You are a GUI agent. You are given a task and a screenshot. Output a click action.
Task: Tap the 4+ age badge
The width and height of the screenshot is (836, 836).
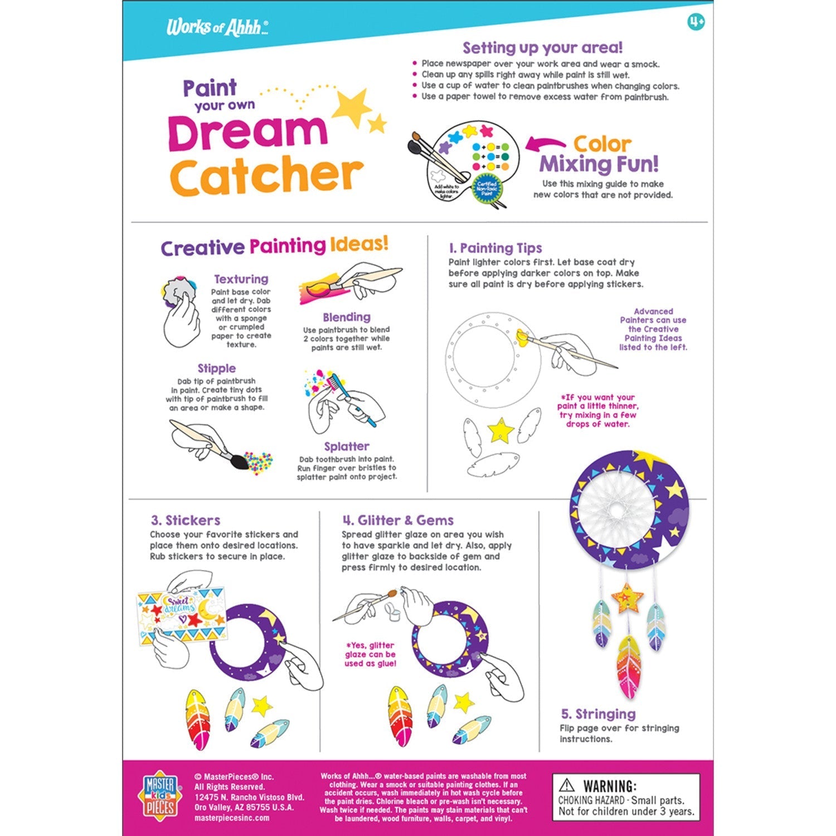click(696, 22)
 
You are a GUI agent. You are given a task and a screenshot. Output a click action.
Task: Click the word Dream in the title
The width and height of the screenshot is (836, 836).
click(247, 133)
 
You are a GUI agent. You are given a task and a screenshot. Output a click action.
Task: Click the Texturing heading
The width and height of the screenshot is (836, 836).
click(241, 279)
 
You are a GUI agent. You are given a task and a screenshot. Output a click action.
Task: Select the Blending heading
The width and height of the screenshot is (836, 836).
click(346, 317)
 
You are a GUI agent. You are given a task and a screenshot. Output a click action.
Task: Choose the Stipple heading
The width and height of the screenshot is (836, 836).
click(216, 368)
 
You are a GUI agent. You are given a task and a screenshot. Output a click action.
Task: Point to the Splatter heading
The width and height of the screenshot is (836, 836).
click(346, 446)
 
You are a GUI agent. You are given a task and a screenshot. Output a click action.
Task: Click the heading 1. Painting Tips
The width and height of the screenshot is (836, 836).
click(495, 248)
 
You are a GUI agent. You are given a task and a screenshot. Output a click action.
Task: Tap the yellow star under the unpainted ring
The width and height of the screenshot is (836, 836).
click(500, 430)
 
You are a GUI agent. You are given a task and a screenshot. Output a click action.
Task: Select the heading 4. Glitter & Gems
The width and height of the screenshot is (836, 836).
click(398, 520)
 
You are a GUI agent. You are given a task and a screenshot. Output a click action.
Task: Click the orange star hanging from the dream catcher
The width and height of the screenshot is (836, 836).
click(627, 598)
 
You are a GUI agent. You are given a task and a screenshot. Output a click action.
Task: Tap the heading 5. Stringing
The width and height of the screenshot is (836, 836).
click(597, 714)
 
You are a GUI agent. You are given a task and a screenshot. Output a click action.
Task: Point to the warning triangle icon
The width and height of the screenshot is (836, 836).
click(567, 785)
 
